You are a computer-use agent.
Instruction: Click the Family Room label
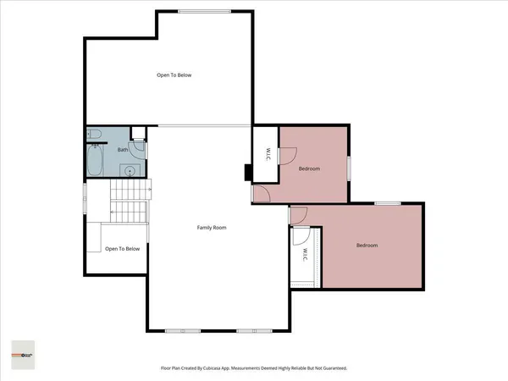[212, 227]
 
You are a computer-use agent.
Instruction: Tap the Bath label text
[123, 150]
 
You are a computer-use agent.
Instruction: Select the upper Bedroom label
[309, 168]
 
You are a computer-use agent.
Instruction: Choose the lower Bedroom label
[367, 246]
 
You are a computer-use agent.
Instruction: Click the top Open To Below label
[174, 75]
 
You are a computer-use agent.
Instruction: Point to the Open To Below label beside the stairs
[122, 249]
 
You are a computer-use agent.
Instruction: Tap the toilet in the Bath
[96, 134]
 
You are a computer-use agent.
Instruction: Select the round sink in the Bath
[129, 170]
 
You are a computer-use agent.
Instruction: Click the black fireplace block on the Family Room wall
[247, 172]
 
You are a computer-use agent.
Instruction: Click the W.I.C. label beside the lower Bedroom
[304, 251]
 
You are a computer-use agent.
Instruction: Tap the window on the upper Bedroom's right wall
[348, 167]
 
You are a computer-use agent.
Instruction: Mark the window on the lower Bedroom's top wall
[388, 202]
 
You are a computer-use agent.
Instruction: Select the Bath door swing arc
[140, 151]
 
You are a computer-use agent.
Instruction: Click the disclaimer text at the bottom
[254, 368]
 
